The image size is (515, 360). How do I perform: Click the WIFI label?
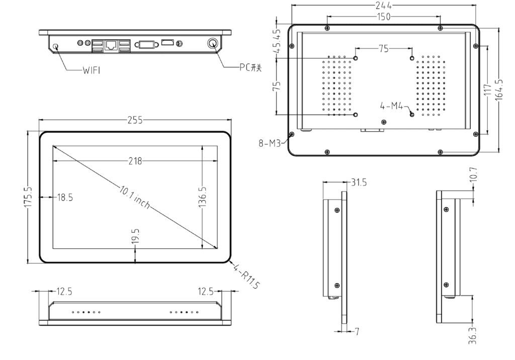(x=92, y=70)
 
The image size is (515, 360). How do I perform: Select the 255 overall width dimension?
(x=135, y=121)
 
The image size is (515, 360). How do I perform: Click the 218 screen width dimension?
(x=135, y=161)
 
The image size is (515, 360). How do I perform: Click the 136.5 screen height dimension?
(x=202, y=197)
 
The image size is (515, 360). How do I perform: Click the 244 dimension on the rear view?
(x=383, y=6)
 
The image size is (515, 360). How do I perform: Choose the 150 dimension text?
(x=383, y=17)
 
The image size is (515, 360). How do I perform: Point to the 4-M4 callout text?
(x=392, y=106)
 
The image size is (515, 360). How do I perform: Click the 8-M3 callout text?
(x=269, y=143)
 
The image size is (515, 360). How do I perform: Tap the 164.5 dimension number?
(x=498, y=89)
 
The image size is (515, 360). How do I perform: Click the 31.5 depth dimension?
(x=358, y=183)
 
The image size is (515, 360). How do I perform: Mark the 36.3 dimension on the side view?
(x=471, y=333)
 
